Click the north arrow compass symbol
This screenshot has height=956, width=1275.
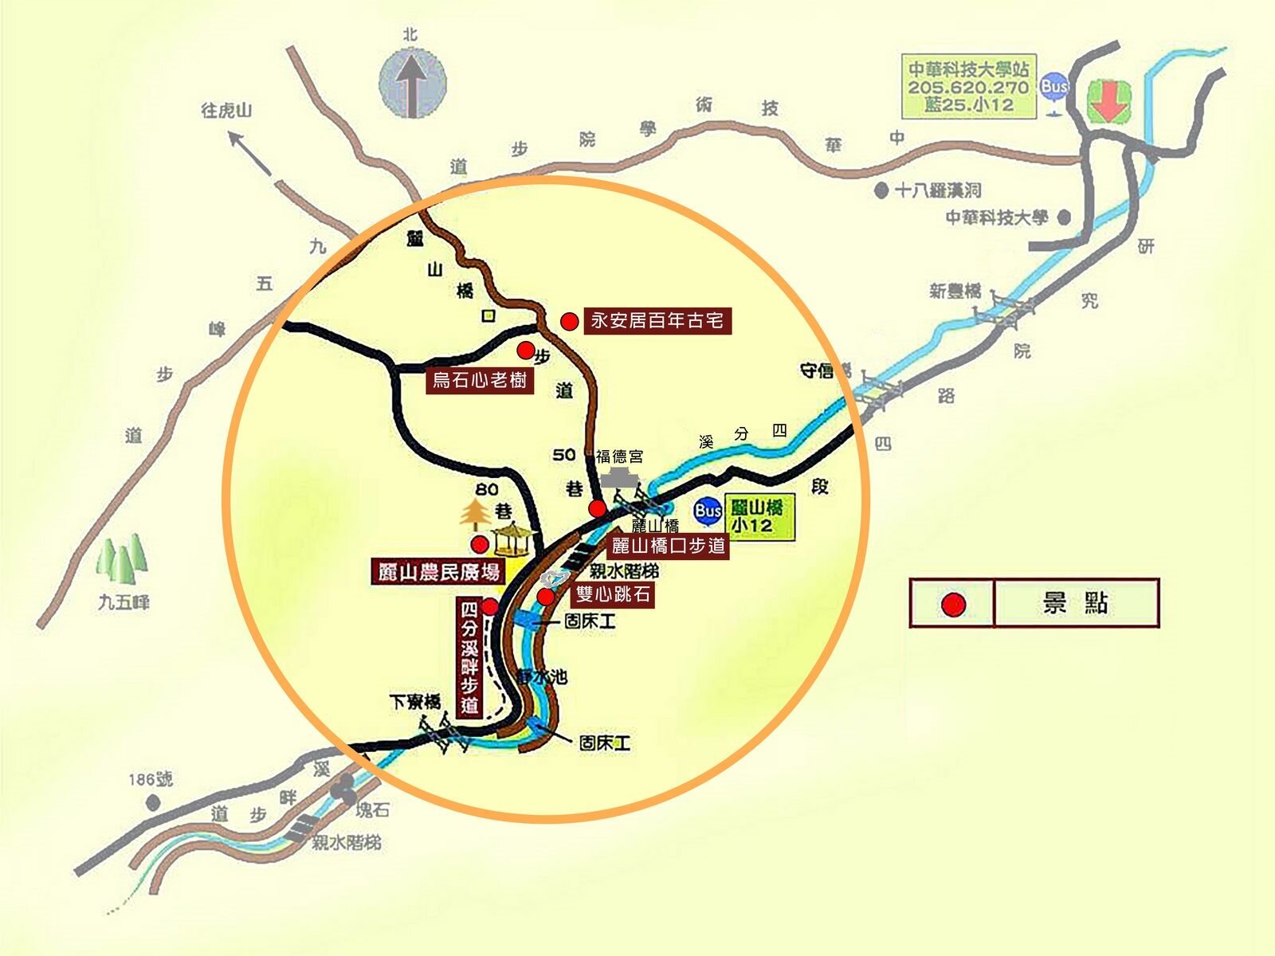[x=412, y=83]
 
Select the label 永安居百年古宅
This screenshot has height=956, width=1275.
[x=657, y=321]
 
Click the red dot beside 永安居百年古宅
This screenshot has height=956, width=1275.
[x=569, y=322]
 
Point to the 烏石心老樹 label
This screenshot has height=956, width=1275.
[x=480, y=380]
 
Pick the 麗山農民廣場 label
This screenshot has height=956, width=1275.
[x=439, y=571]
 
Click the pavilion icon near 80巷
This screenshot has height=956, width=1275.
[x=515, y=539]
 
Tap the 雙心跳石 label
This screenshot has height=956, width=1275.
[x=613, y=594]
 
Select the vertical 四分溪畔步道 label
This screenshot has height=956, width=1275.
[x=470, y=658]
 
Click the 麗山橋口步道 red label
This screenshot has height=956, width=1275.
[x=669, y=546]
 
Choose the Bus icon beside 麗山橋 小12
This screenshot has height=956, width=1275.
[x=708, y=511]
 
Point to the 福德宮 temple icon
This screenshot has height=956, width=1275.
[x=621, y=479]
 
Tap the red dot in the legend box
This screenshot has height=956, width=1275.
[x=953, y=605]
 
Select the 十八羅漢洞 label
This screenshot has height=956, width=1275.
[x=938, y=190]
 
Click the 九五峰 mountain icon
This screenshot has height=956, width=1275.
[x=122, y=558]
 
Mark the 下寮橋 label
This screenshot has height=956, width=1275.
[x=415, y=702]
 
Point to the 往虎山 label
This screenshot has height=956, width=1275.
[x=226, y=110]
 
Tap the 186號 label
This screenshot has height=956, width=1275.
[x=151, y=778]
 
